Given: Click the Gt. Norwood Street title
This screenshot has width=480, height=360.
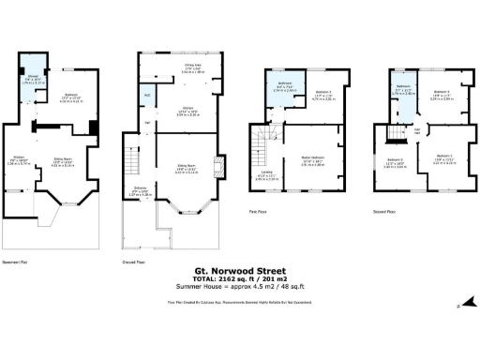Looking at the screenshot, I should (239, 266).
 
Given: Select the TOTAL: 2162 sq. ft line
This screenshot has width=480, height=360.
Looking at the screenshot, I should (239, 275).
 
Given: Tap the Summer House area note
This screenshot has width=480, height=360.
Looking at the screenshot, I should (239, 283).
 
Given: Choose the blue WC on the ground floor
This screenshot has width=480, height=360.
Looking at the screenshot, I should (147, 97).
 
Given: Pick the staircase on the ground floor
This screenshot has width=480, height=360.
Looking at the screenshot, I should (133, 169).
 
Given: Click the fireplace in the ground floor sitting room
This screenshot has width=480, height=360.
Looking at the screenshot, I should (218, 170).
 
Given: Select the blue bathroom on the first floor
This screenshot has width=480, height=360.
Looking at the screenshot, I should (283, 89).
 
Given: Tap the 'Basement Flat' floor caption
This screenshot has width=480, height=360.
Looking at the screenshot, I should (15, 262).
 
